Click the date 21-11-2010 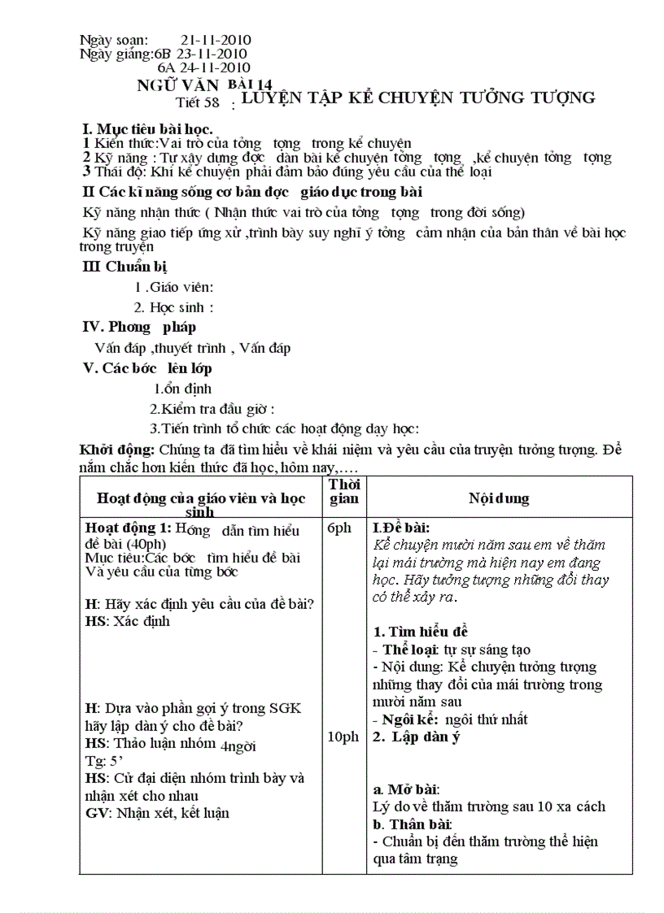click(216, 40)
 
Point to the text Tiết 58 click(198, 102)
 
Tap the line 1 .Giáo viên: click(173, 286)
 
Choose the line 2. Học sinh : click(173, 307)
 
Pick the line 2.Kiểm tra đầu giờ click(212, 409)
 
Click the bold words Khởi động click(116, 450)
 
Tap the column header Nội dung click(499, 498)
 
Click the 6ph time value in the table click(339, 528)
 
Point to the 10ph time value click(343, 737)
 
